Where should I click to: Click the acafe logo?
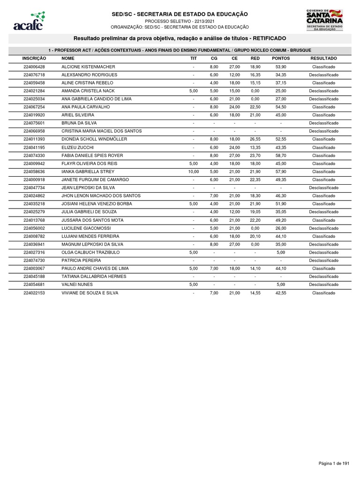tap(30, 21)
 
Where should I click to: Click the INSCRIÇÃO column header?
tap(34, 59)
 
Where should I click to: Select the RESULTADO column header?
tap(323, 59)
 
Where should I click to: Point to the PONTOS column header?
tap(281, 59)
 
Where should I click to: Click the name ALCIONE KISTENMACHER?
tap(88, 67)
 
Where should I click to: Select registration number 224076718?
tap(34, 75)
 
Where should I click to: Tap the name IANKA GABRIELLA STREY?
tap(88, 172)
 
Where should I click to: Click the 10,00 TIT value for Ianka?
tap(194, 172)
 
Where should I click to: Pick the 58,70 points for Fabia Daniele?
tap(281, 156)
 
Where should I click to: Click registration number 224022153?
tap(34, 293)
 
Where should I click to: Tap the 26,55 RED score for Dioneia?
tap(255, 139)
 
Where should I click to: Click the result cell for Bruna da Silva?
tap(323, 123)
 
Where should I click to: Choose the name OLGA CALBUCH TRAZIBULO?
tap(90, 252)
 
